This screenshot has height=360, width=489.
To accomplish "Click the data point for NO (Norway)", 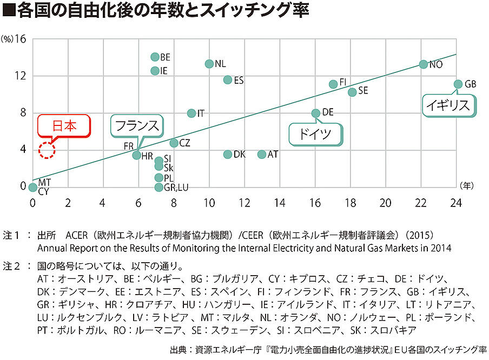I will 424,64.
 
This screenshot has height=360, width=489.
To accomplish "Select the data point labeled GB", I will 458,84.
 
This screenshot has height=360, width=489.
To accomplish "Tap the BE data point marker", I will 155,57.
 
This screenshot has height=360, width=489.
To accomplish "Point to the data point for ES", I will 228,80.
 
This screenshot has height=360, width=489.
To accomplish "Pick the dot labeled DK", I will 228,155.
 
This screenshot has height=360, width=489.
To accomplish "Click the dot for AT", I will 262,155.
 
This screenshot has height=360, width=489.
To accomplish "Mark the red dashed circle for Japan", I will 47,151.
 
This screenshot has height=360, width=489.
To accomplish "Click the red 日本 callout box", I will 64,126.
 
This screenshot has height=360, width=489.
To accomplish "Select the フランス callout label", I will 137,126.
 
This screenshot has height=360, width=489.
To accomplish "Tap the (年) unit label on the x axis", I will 466,185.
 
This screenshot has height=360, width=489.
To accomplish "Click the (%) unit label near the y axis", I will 8,39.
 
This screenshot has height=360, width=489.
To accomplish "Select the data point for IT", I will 191,114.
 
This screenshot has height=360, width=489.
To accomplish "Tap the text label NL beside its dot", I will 220,64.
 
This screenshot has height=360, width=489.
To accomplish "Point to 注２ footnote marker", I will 11,266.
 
